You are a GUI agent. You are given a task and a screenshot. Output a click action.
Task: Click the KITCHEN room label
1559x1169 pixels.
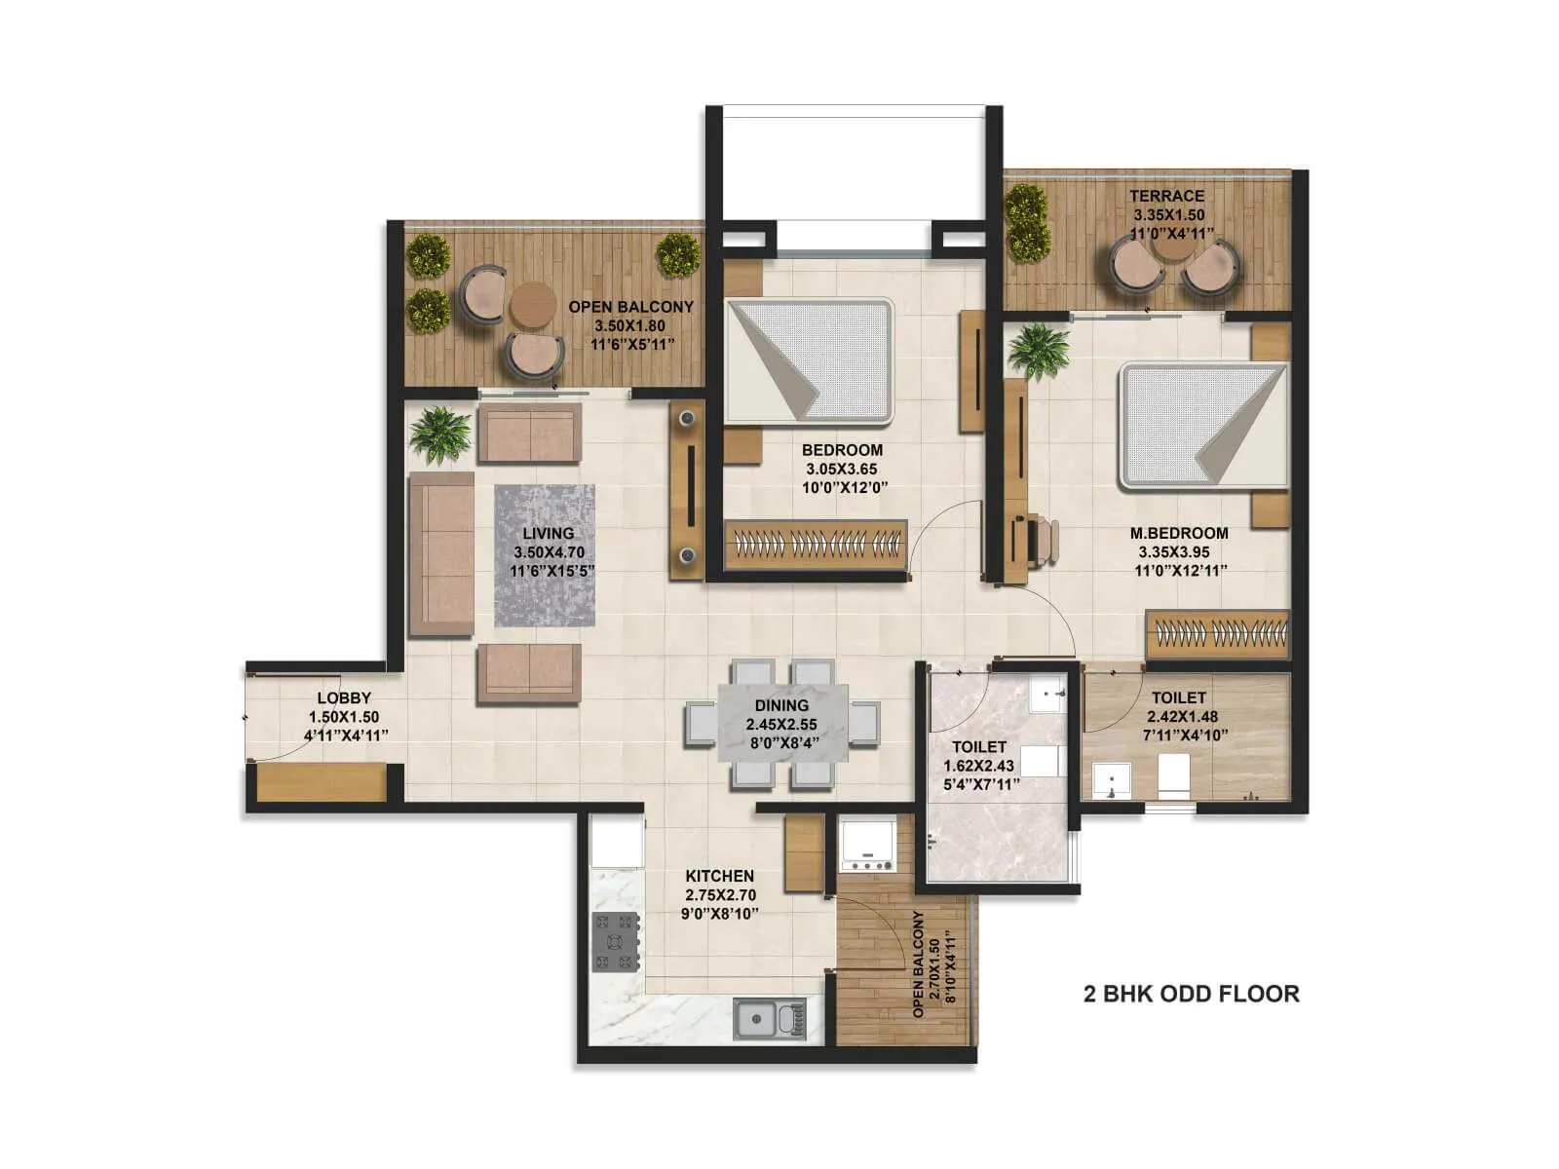click(x=719, y=876)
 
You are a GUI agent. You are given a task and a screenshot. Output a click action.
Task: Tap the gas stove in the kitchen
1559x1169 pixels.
click(x=615, y=941)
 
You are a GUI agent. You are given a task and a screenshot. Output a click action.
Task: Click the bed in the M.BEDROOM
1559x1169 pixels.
click(x=1202, y=425)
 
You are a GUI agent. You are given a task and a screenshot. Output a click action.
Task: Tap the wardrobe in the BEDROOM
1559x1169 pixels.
click(x=816, y=543)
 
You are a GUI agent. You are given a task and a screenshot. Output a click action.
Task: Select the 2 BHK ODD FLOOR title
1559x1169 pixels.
click(x=1191, y=994)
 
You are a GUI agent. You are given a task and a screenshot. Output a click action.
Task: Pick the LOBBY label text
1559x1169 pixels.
click(x=344, y=698)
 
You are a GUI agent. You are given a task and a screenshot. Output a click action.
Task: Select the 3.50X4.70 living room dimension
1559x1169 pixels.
click(x=548, y=552)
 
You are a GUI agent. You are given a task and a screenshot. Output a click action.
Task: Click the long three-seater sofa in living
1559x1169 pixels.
click(x=440, y=554)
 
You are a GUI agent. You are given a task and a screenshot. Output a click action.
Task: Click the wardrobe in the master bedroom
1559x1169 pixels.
click(x=1217, y=634)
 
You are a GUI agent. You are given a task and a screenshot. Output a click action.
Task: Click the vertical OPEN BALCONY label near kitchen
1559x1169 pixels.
click(x=918, y=964)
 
